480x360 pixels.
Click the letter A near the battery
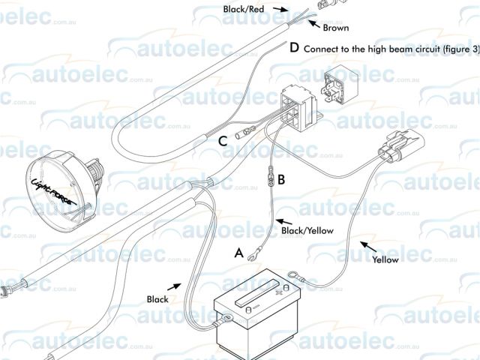coord(239,253)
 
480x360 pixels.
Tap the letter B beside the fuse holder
coord(281,179)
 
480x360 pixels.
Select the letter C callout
coord(223,140)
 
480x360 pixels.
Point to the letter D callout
coord(294,48)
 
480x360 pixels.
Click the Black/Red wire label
coord(244,9)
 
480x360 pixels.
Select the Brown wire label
coord(335,28)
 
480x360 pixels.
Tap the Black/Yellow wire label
coord(307,231)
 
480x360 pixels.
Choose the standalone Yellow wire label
coord(385,260)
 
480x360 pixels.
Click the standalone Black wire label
coord(157,299)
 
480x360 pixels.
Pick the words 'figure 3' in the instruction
coord(455,49)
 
